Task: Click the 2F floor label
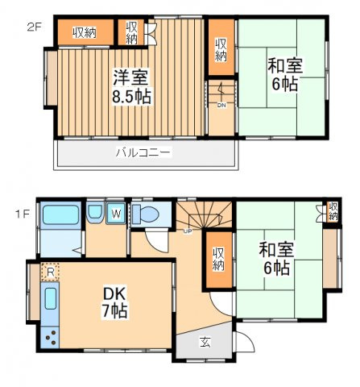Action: pyautogui.click(x=34, y=27)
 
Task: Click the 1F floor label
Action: pyautogui.click(x=22, y=214)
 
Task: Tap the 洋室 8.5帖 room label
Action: pyautogui.click(x=131, y=87)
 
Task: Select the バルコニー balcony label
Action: pyautogui.click(x=143, y=152)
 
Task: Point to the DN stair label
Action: pyautogui.click(x=221, y=106)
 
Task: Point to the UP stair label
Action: pyautogui.click(x=188, y=231)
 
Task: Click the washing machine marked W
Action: pyautogui.click(x=116, y=214)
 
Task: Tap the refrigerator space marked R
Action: pyautogui.click(x=50, y=272)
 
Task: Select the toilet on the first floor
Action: pyautogui.click(x=146, y=214)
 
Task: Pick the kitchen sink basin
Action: pyautogui.click(x=51, y=298)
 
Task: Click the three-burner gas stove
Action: pyautogui.click(x=50, y=337)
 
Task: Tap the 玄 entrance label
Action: pyautogui.click(x=205, y=342)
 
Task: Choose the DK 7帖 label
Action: pyautogui.click(x=114, y=303)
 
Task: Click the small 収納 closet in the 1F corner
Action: pyautogui.click(x=333, y=212)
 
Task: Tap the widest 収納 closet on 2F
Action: pyautogui.click(x=85, y=32)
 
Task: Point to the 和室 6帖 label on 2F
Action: pyautogui.click(x=285, y=74)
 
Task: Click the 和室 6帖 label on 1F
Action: pyautogui.click(x=276, y=258)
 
